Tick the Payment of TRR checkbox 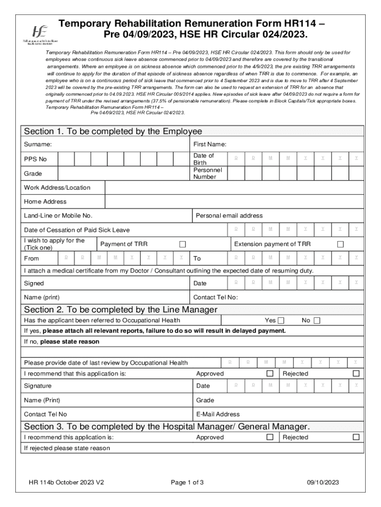click(183, 244)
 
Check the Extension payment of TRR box click(340, 244)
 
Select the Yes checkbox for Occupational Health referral click(281, 321)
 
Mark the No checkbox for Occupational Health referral click(317, 321)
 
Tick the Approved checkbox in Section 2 click(270, 374)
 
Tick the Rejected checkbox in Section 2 click(356, 374)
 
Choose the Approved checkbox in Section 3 click(270, 437)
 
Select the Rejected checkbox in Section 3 click(356, 437)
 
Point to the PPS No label click(36, 159)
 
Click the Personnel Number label click(208, 173)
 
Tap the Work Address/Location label click(57, 188)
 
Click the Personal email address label click(229, 216)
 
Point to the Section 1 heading click(113, 132)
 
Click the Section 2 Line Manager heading click(121, 309)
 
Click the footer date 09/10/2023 click(323, 483)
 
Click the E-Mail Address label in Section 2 click(218, 414)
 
